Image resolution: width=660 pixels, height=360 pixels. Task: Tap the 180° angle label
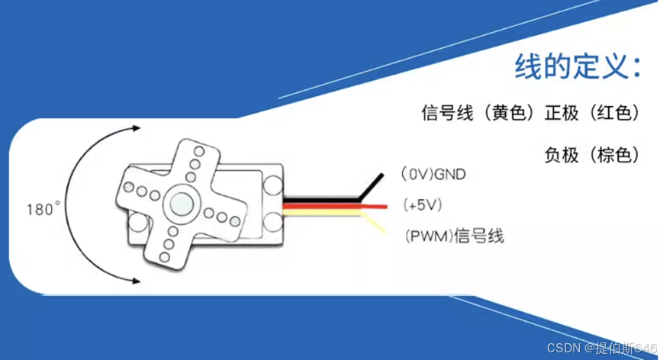pos(43,208)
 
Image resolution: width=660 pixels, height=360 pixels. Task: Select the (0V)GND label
pos(433,175)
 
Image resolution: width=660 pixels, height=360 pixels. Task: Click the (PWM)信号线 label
pos(452,236)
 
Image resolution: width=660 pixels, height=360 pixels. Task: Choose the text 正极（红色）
pos(591,114)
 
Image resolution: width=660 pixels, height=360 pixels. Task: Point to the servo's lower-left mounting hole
pos(137,224)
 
